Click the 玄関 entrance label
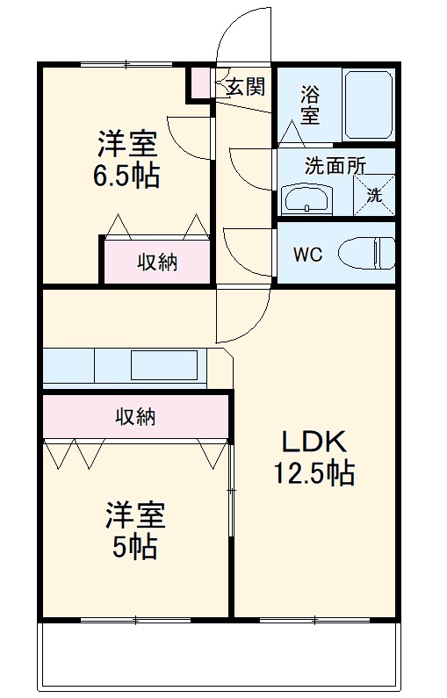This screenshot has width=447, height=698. (x=245, y=86)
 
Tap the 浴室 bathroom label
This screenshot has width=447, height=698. (x=310, y=102)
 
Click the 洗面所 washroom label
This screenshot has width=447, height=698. (x=335, y=166)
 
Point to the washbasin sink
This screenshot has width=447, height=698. (x=306, y=200)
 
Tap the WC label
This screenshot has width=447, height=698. (x=307, y=255)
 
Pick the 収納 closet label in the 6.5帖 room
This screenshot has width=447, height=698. (x=156, y=262)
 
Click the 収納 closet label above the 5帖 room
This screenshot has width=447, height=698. (x=135, y=416)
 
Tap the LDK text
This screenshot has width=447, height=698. (x=315, y=442)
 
